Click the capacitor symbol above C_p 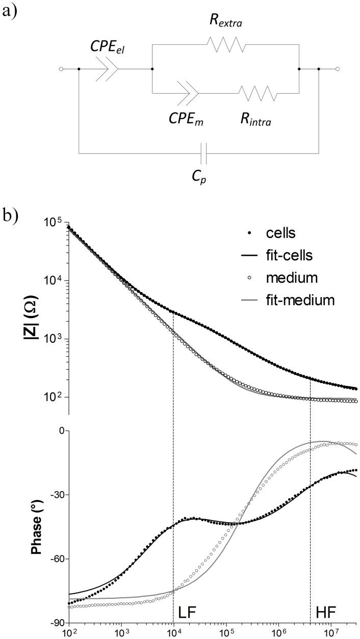204,152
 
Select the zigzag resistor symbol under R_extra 226,44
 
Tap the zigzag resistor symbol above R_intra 259,93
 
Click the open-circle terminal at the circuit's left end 61,69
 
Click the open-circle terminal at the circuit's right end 337,69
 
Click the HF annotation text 326,610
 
